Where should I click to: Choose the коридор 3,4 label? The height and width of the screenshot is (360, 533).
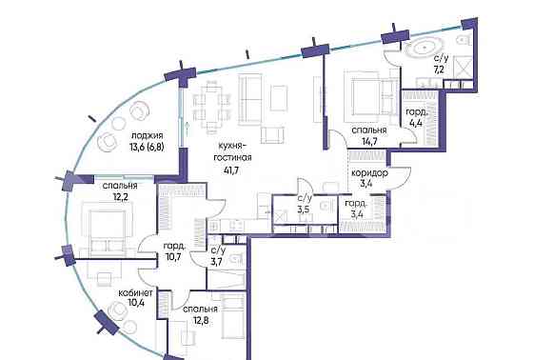point(368,180)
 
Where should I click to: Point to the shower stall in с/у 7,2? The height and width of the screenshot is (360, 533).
point(463,70)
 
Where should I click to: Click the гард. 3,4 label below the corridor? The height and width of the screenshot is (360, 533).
point(356,210)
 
